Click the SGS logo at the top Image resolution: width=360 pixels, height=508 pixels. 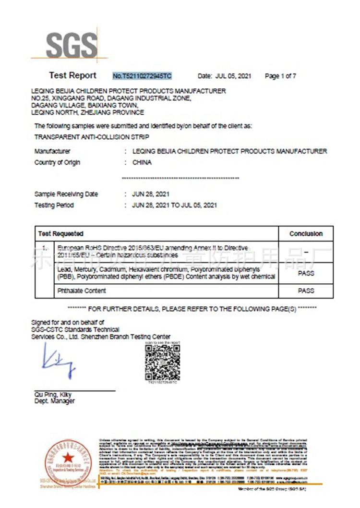point(71,46)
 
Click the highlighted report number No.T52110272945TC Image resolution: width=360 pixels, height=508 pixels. point(142,76)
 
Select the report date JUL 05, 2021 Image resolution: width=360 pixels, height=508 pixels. point(233,76)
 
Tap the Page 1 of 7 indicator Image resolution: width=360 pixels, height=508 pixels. point(280,76)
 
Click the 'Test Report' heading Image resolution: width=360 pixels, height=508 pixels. point(72,75)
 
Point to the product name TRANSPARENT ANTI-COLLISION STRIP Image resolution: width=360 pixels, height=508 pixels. point(79,137)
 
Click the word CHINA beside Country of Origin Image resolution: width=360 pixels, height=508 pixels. point(142,162)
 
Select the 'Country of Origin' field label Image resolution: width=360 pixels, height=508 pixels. point(57,162)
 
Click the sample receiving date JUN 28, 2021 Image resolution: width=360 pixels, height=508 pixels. point(150,194)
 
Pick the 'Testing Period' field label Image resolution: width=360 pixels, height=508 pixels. point(54,205)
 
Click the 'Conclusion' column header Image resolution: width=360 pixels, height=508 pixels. point(306,233)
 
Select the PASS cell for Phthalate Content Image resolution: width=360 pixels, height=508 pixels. point(306,290)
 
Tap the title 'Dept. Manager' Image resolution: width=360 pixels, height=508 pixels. point(54,401)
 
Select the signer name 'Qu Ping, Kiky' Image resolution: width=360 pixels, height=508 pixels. point(53,395)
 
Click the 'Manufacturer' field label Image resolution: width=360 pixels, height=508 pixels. point(52,151)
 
